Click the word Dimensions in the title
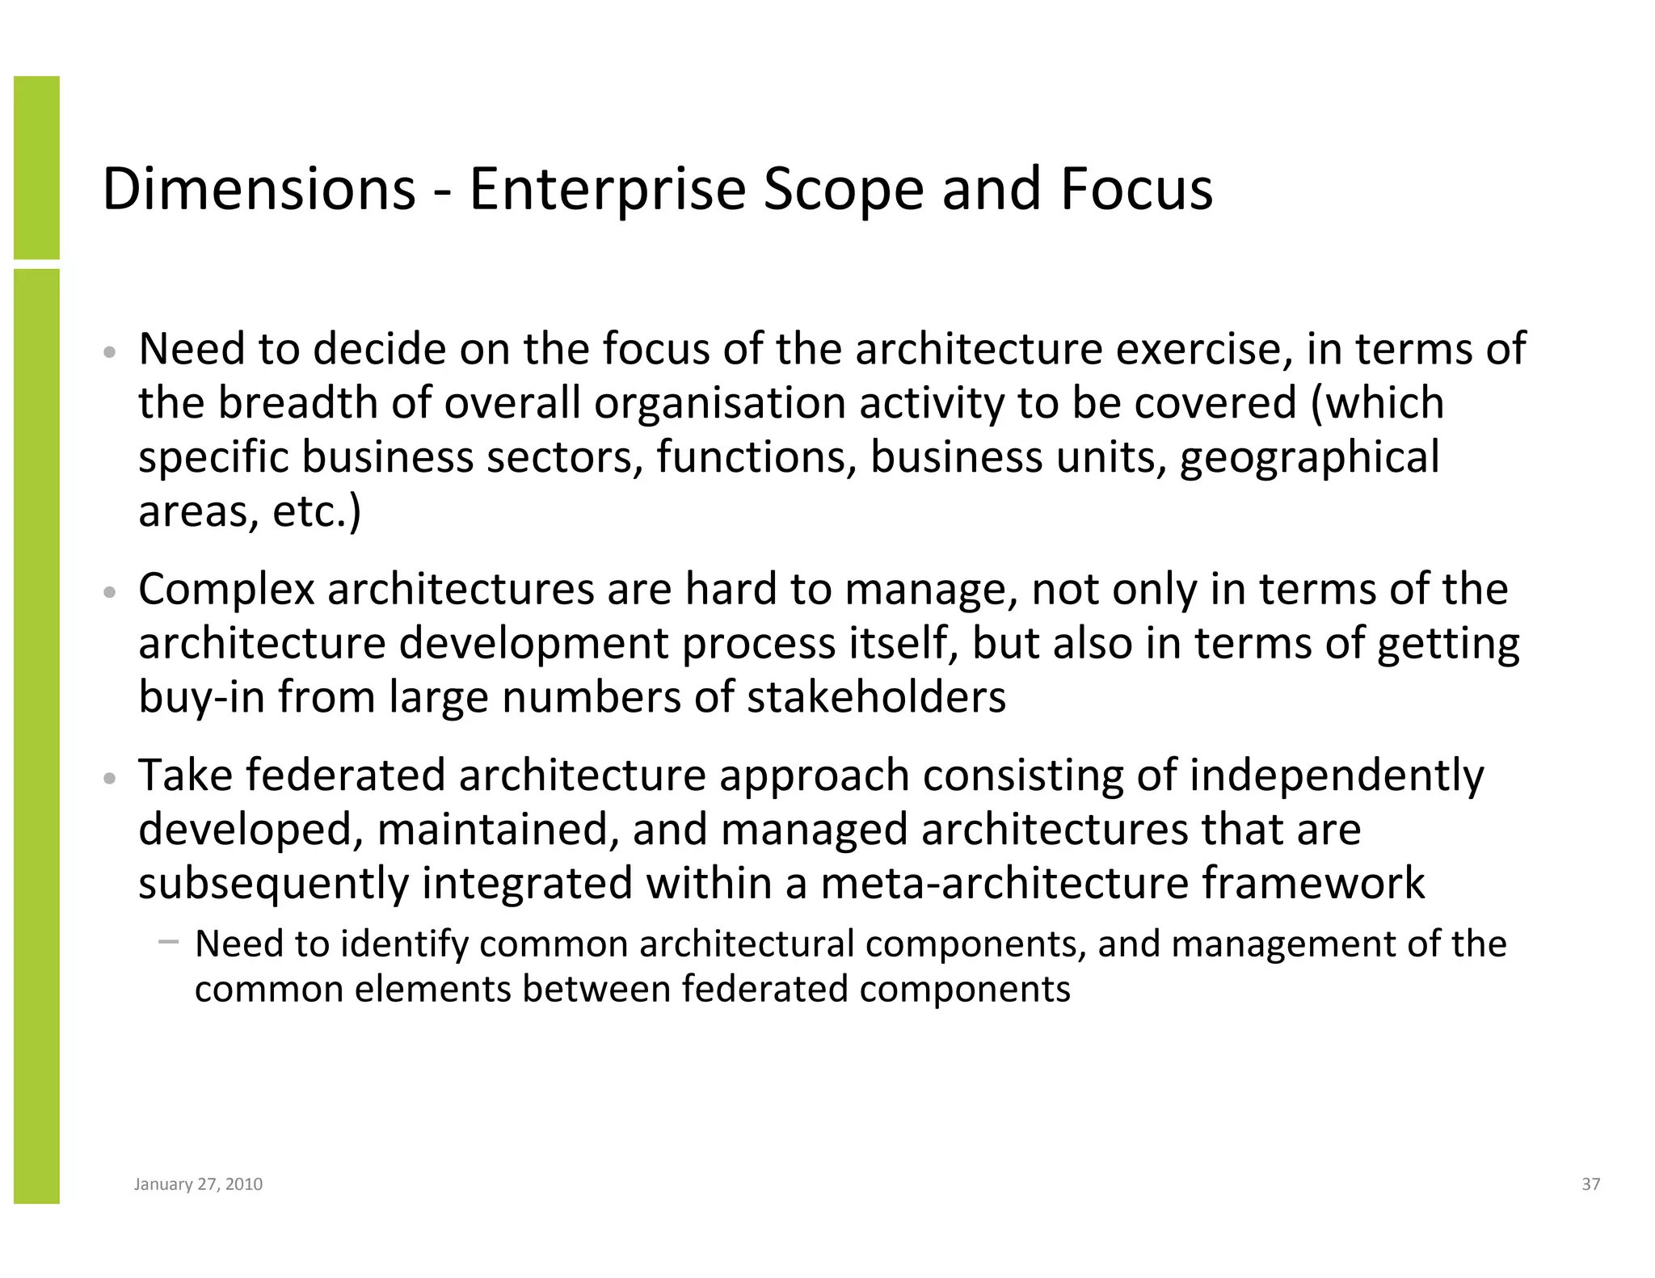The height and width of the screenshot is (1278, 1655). tap(259, 189)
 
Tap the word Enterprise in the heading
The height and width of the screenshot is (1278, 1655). tap(607, 189)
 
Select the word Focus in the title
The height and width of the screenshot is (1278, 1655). tap(1136, 189)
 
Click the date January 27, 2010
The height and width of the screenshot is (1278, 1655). tap(198, 1184)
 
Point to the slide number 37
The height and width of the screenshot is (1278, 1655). tap(1590, 1184)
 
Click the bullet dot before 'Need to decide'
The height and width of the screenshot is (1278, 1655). tap(111, 353)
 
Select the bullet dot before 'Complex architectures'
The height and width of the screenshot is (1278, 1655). tap(111, 593)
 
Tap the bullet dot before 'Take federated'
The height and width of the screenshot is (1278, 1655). tap(111, 779)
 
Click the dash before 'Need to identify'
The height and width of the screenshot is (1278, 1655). tap(168, 941)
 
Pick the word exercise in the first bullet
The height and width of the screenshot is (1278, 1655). tap(1203, 349)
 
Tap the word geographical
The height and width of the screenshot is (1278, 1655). tap(1309, 457)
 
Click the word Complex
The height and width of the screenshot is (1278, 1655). tap(226, 590)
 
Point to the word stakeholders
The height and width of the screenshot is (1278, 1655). tap(876, 696)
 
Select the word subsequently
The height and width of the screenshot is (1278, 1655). tap(273, 883)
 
